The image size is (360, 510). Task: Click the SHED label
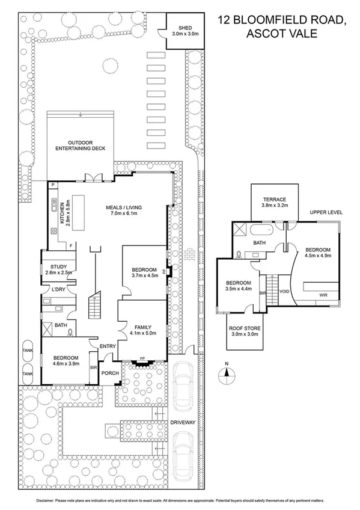coord(185,28)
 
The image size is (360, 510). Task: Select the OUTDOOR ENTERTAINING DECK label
coord(81,146)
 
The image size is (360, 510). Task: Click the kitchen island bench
coord(78,212)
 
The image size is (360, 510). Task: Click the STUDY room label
coord(59,266)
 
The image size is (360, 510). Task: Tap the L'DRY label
coord(58,289)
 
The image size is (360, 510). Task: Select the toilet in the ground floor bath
coord(70,332)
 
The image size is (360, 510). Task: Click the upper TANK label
coord(28,351)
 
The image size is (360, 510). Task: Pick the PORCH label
coord(110,373)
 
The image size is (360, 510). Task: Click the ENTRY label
coord(108,346)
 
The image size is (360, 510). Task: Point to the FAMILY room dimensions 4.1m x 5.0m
coord(143,333)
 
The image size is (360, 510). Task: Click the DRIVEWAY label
coord(183,422)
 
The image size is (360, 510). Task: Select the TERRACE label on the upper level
coord(275,200)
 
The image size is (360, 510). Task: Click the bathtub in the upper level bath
coord(262,230)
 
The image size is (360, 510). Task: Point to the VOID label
coord(284,292)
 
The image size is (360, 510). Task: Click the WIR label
coord(323,295)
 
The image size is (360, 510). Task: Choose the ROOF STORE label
coord(245,328)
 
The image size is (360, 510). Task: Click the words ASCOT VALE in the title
coord(282,34)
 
